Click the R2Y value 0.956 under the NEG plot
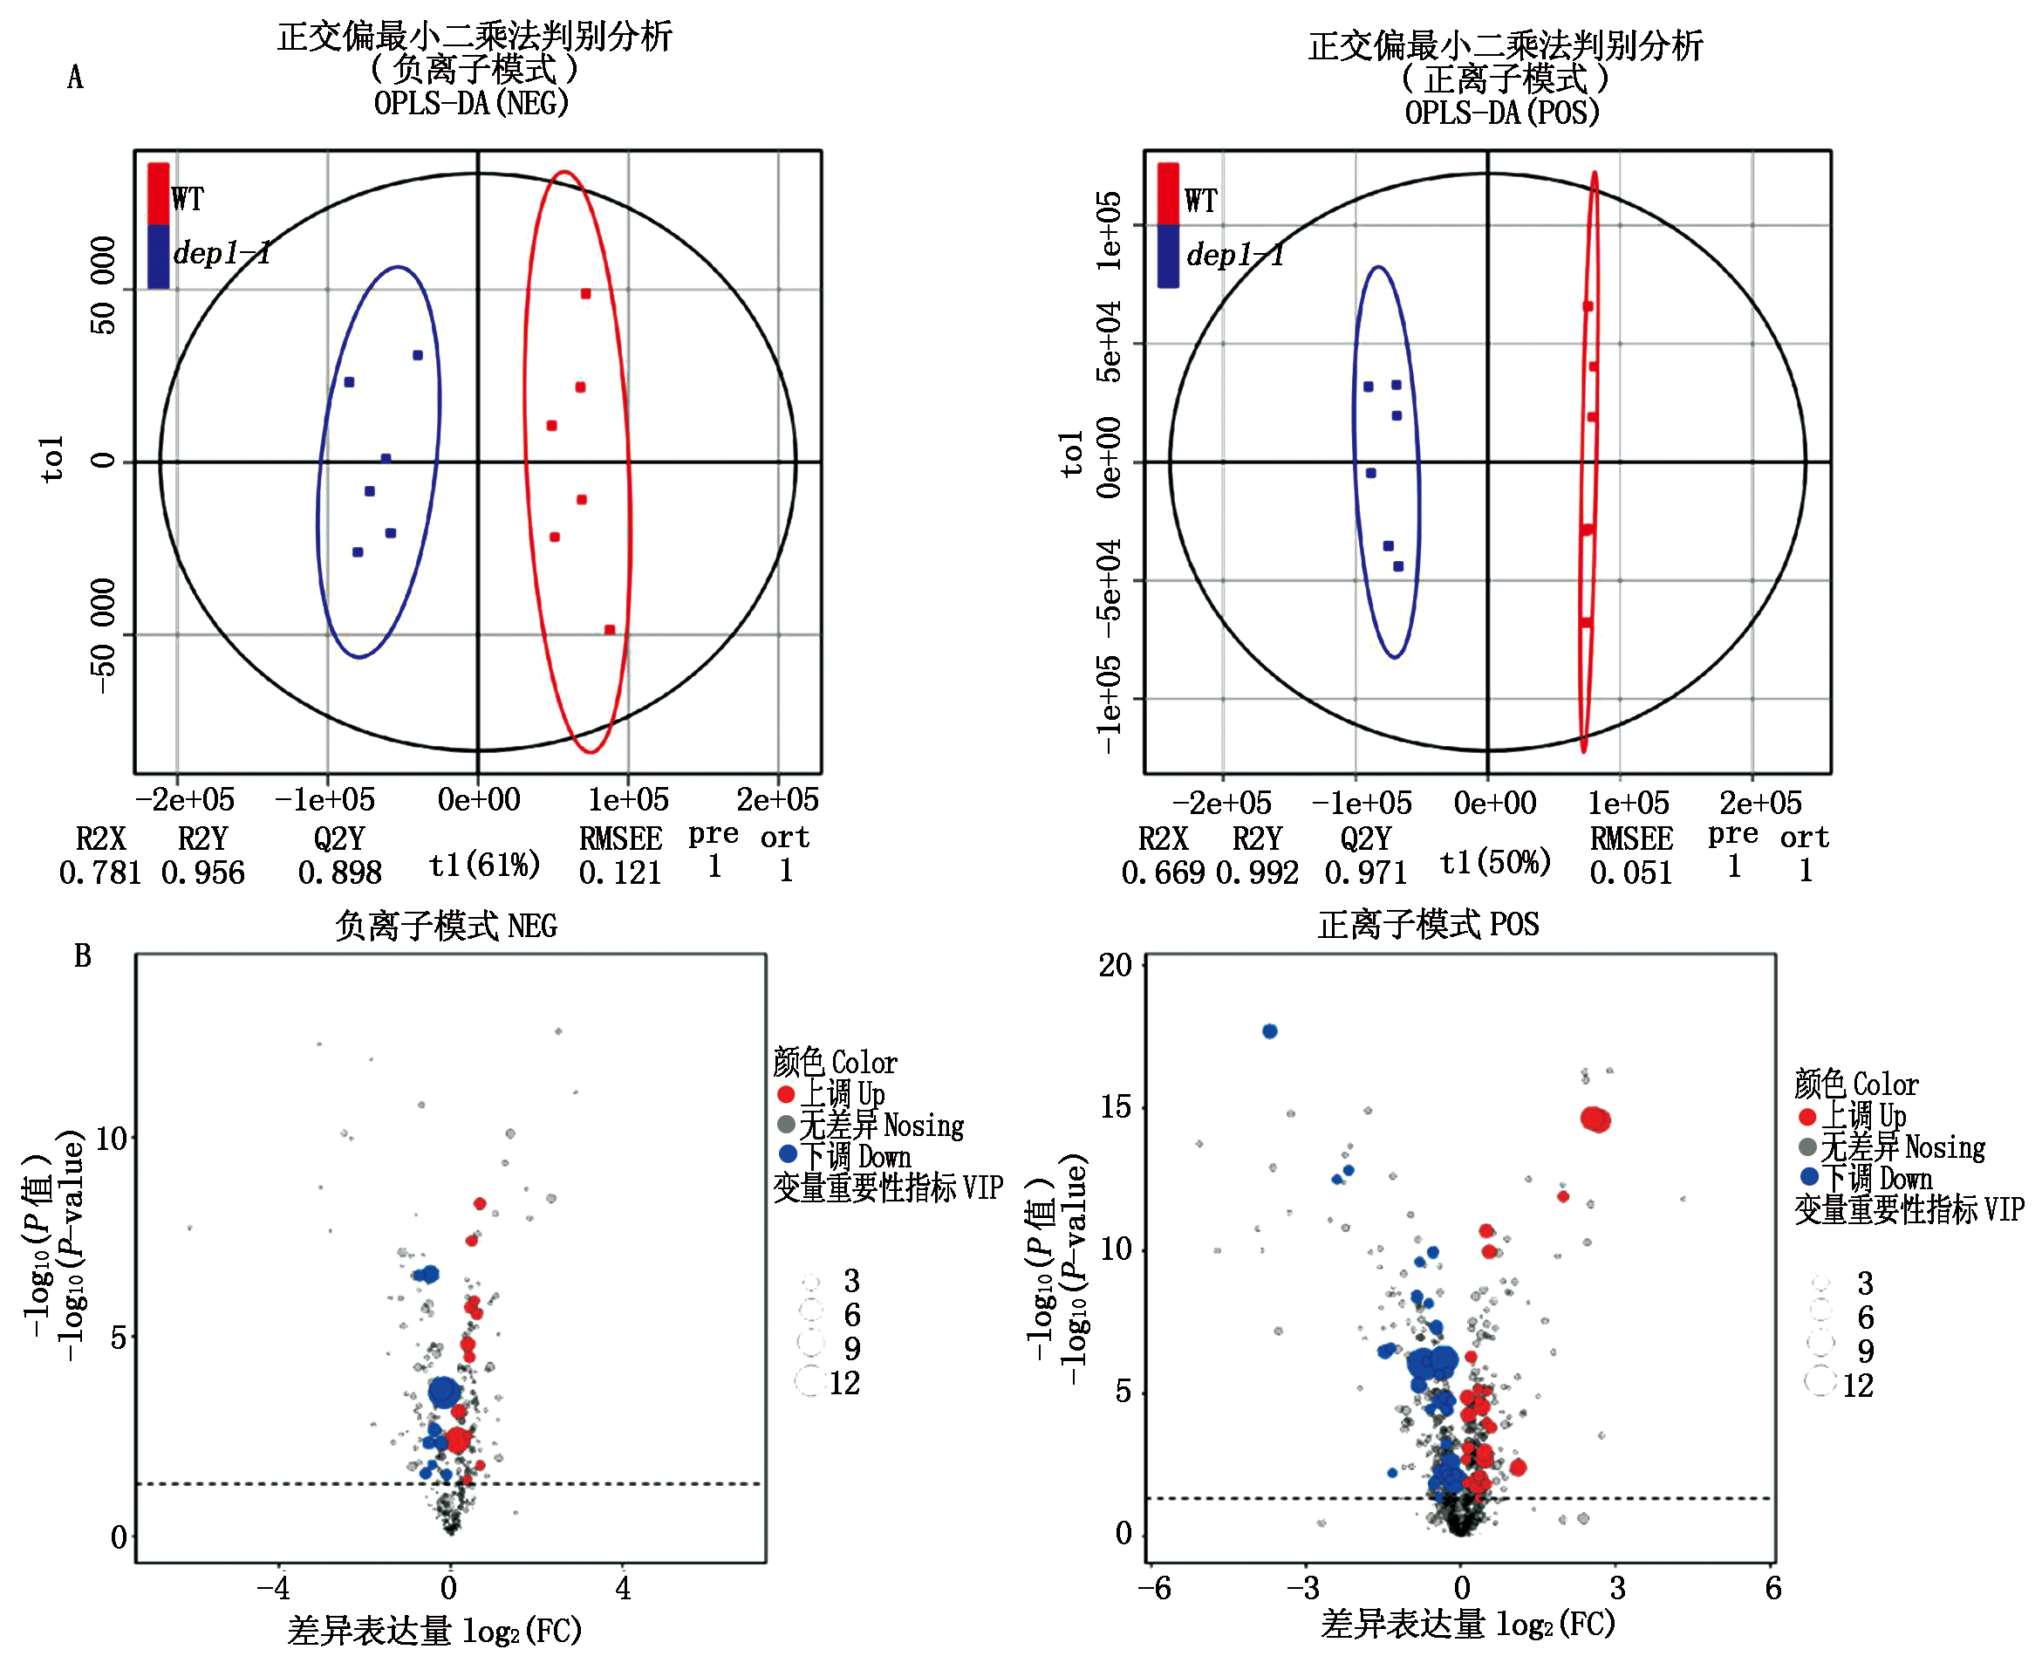(x=203, y=873)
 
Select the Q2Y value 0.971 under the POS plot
(x=1365, y=873)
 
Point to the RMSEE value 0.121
(x=619, y=873)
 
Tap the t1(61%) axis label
(x=484, y=865)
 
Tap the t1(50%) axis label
(x=1494, y=863)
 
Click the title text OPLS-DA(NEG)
(x=471, y=102)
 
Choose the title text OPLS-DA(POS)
(x=1502, y=112)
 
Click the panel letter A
(x=75, y=78)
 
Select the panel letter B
(x=82, y=956)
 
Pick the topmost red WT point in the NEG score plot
(x=585, y=294)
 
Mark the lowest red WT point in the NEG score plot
(x=609, y=629)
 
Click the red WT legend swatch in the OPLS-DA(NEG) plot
(x=158, y=195)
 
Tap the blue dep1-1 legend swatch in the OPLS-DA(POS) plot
(x=1167, y=256)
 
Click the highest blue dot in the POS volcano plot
(x=1270, y=1031)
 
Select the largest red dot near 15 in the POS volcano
(x=1595, y=1119)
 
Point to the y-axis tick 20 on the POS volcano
(x=1116, y=966)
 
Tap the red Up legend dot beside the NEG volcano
(x=786, y=1094)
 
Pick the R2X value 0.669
(x=1163, y=873)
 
